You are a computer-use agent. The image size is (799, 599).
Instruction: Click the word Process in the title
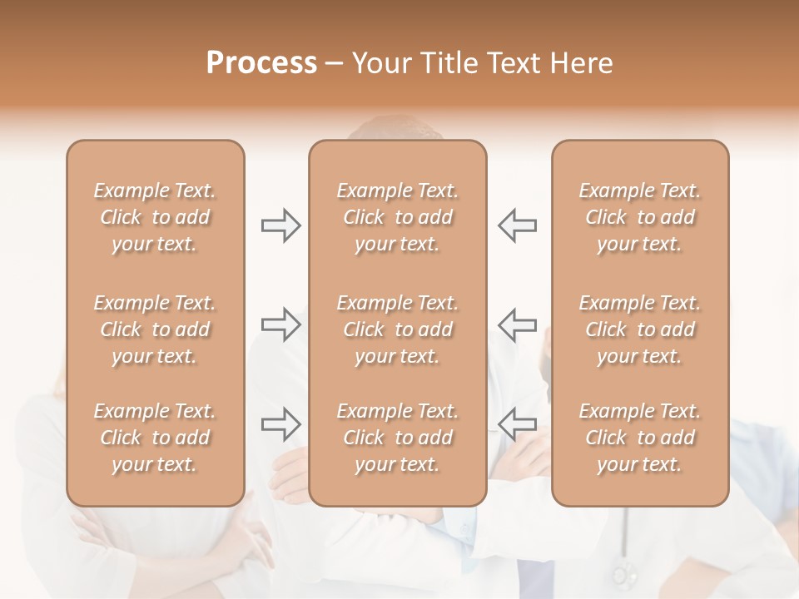pos(261,63)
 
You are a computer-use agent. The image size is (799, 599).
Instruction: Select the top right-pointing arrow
pos(280,225)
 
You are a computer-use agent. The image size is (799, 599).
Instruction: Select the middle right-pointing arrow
pos(280,324)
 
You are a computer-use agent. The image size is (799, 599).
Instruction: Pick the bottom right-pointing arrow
pos(280,424)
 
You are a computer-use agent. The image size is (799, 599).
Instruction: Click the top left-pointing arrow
pos(517,225)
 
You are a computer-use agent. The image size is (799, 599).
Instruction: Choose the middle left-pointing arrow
pos(517,324)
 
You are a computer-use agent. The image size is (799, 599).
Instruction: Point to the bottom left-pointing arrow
pos(517,424)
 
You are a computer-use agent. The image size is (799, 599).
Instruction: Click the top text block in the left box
pos(155,217)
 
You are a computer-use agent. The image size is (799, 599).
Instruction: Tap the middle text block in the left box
pos(155,329)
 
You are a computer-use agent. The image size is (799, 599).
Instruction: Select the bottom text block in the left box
pos(155,438)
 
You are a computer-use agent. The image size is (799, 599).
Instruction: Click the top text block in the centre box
pos(397,217)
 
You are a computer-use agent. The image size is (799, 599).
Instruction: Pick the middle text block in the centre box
pos(397,329)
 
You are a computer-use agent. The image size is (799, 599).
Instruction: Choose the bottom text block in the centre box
pos(397,438)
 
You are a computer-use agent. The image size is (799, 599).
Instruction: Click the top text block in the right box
pos(639,217)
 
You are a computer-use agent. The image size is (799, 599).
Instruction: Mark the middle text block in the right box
pos(639,329)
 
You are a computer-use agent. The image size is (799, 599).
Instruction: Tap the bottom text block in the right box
pos(639,438)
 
